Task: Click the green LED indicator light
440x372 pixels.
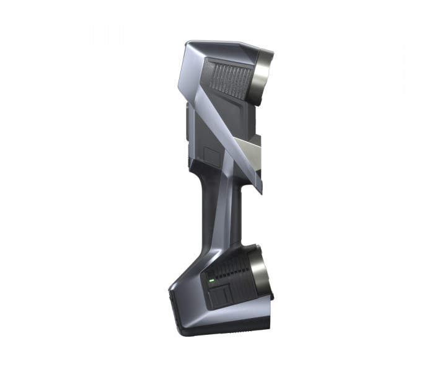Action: [x=211, y=280]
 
